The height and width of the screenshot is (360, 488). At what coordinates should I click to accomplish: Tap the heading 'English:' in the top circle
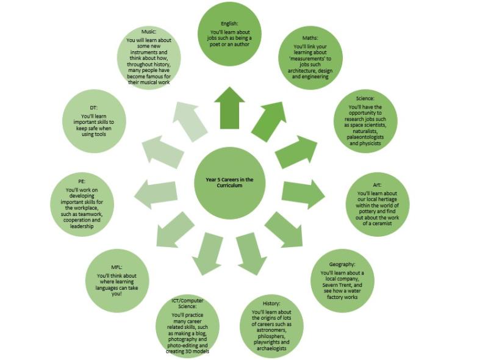click(x=230, y=24)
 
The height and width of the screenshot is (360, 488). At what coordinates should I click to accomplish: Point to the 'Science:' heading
click(x=365, y=98)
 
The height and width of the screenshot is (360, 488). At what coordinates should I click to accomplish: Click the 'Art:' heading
click(x=377, y=184)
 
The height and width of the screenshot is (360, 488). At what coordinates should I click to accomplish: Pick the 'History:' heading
click(x=271, y=303)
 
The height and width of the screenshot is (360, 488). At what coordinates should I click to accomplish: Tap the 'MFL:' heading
click(x=118, y=267)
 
